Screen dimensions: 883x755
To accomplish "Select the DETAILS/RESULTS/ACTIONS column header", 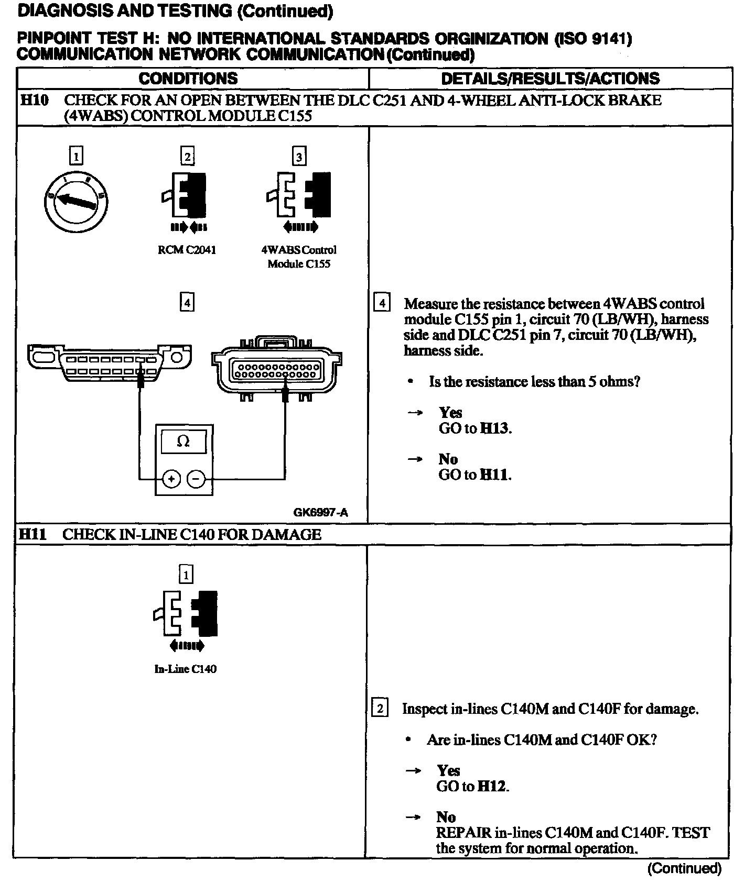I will click(x=550, y=79).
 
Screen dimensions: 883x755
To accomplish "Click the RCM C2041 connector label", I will click(x=187, y=250).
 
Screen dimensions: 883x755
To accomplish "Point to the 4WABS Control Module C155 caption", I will click(x=299, y=257).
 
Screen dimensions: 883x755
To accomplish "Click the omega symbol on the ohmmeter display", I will click(x=184, y=442).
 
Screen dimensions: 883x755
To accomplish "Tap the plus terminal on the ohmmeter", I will click(x=171, y=479).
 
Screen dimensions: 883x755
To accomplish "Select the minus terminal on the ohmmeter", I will click(x=196, y=479).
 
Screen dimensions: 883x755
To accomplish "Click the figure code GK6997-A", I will click(x=320, y=512).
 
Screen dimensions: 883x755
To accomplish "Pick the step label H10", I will click(x=34, y=100).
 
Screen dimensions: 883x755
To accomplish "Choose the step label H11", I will click(x=33, y=534).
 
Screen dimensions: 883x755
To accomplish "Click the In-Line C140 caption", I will click(x=185, y=669).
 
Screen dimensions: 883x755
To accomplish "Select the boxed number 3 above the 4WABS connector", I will click(x=299, y=157).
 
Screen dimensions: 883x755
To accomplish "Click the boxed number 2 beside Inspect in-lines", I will click(x=380, y=709).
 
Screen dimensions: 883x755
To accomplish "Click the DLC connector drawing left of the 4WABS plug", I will click(x=109, y=361).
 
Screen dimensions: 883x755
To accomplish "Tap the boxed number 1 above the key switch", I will click(x=77, y=156).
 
